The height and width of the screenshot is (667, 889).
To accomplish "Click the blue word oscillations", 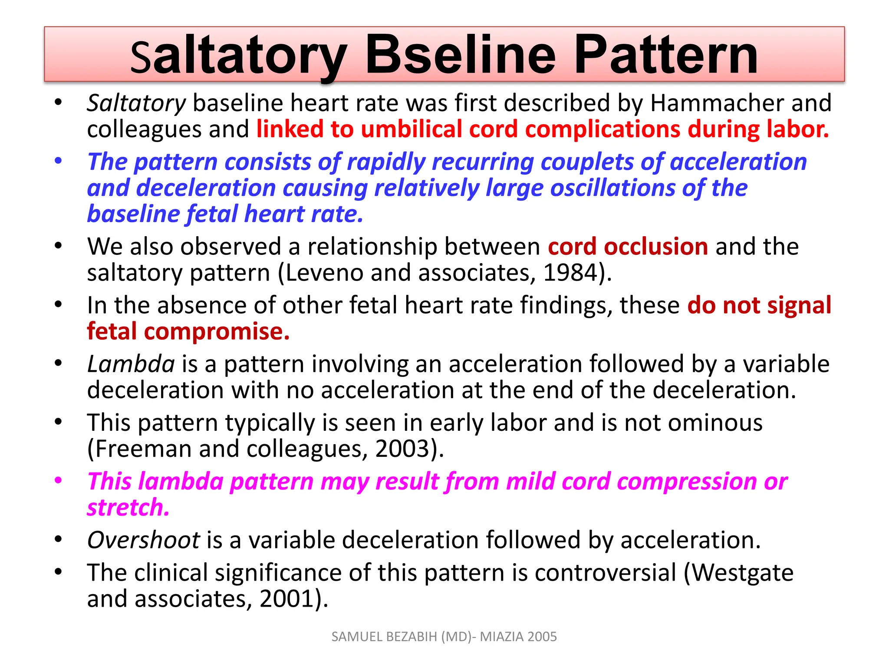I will coord(612,188).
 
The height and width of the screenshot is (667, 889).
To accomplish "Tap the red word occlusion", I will coord(656,247).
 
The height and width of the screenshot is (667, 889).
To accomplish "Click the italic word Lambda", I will coord(131,364).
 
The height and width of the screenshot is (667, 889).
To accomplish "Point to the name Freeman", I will coord(143,449).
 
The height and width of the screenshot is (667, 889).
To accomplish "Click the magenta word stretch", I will coord(128,507).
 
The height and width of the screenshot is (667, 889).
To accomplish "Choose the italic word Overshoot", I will coord(143,540).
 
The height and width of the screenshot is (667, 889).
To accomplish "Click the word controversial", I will coord(606,573).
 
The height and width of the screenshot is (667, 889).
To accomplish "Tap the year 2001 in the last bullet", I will coord(287,599).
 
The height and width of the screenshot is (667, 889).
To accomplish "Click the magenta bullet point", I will coord(58,481).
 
